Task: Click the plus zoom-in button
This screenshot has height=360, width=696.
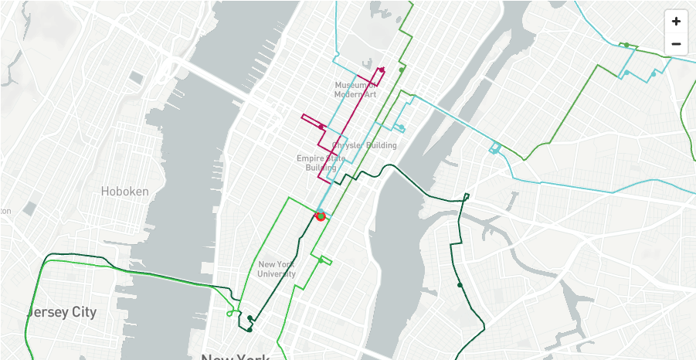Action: (676, 22)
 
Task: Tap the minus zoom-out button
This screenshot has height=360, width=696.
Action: (676, 44)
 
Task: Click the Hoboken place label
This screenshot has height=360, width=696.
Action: (124, 191)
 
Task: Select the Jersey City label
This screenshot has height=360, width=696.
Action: (62, 312)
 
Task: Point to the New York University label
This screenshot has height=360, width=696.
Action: (277, 269)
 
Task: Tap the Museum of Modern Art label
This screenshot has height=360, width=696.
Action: (355, 89)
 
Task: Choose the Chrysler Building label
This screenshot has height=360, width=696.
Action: (365, 145)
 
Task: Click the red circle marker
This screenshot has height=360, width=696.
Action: (321, 216)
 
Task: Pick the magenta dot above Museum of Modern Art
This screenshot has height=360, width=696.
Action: (382, 70)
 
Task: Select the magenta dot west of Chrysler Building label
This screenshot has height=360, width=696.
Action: (321, 127)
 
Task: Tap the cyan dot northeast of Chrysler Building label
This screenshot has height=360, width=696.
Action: (402, 127)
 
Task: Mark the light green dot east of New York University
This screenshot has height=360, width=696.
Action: (321, 260)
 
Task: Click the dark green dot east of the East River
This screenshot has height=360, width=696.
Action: (460, 285)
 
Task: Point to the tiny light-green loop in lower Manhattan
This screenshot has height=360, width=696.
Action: (230, 313)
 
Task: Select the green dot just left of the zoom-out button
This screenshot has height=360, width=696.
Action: (626, 45)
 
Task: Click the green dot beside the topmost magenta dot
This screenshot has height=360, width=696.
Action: (401, 70)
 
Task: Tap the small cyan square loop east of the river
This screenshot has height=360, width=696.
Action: (494, 148)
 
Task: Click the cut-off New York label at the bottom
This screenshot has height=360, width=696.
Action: (236, 356)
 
